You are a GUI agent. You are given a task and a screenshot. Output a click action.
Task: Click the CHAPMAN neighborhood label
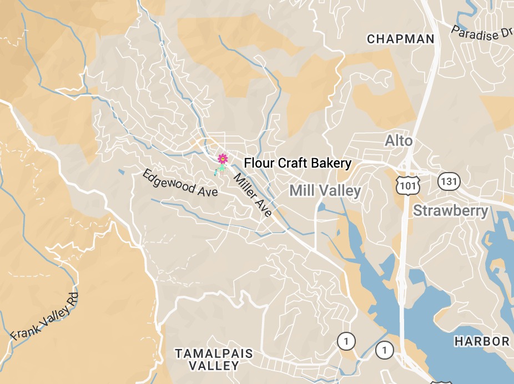click(400, 39)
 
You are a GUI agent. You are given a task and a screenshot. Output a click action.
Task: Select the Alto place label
click(399, 141)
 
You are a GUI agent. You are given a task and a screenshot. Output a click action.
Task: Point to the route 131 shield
click(448, 180)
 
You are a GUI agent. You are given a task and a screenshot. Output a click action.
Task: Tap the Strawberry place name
click(451, 211)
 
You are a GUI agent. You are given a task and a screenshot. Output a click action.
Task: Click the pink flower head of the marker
click(223, 159)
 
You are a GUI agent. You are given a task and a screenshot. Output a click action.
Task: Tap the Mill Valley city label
click(325, 191)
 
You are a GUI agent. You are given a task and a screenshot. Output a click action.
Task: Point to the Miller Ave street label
click(253, 195)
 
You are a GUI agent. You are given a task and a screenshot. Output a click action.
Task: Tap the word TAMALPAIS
click(214, 353)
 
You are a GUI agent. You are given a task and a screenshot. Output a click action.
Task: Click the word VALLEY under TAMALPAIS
click(214, 366)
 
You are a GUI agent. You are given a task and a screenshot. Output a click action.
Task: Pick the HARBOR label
click(482, 341)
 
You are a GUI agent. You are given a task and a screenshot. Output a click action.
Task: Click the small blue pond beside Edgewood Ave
click(122, 172)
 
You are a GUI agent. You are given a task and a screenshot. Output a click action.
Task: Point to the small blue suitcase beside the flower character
click(216, 174)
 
